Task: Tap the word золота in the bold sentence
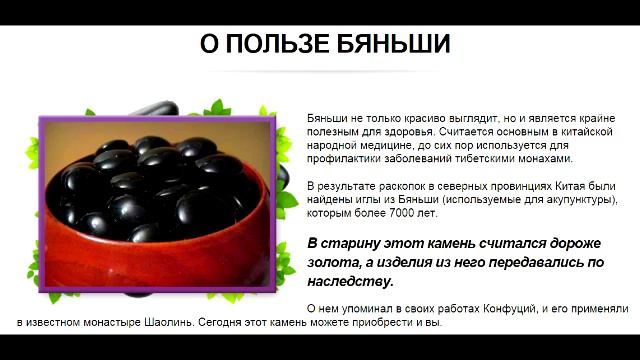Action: coord(330,262)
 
